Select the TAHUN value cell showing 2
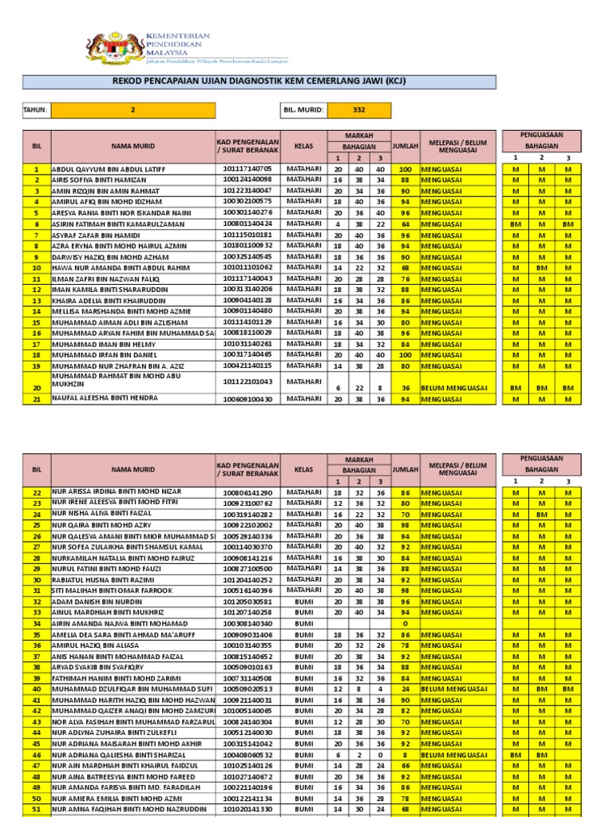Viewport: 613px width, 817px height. pyautogui.click(x=133, y=110)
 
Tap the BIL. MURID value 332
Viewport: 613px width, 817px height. pyautogui.click(x=359, y=110)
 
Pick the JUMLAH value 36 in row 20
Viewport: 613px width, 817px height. pyautogui.click(x=405, y=388)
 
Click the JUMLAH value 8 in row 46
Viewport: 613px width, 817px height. pyautogui.click(x=405, y=753)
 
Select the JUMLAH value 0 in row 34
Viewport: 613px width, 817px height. pyautogui.click(x=405, y=622)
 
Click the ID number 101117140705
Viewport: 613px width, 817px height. pyautogui.click(x=247, y=169)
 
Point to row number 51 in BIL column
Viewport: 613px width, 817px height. pyautogui.click(x=36, y=808)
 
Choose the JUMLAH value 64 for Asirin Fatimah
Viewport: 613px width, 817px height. pyautogui.click(x=405, y=224)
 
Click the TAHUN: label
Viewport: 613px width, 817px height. pyautogui.click(x=36, y=110)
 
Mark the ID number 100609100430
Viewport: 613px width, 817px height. pyautogui.click(x=247, y=399)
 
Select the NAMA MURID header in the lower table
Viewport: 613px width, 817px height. pyautogui.click(x=133, y=470)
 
